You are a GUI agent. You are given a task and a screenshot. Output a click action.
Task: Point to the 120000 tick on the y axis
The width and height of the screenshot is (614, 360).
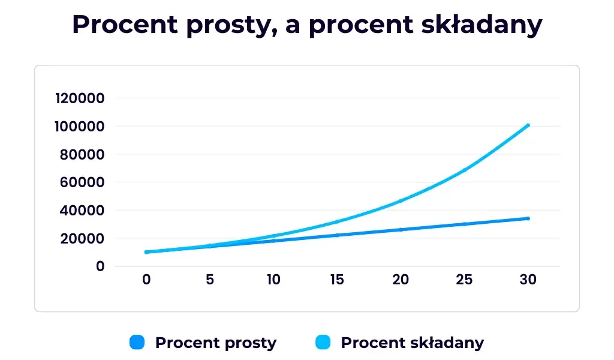79,98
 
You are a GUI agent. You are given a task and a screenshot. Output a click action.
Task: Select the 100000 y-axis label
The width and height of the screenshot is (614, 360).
79,127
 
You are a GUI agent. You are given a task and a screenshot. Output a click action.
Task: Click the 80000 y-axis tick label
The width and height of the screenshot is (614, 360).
83,154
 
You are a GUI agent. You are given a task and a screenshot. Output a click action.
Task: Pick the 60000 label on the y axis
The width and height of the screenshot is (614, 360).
83,182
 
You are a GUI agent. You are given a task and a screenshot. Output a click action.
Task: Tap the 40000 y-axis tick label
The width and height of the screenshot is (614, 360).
83,211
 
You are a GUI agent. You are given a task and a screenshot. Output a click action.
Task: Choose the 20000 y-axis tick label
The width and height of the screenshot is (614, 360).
83,238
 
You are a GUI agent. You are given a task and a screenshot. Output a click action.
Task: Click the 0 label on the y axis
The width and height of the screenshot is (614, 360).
100,266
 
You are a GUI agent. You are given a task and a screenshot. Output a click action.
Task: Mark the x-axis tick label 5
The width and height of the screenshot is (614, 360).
210,280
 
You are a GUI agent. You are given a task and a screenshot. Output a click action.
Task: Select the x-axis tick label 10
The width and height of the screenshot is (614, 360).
273,280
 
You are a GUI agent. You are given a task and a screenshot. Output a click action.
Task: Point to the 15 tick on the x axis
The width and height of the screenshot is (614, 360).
337,280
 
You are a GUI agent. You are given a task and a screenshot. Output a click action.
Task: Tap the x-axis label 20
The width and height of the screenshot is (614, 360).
401,280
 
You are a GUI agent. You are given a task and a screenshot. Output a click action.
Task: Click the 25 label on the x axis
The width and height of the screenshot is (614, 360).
464,280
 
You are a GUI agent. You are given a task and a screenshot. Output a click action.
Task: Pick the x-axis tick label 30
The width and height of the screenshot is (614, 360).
528,280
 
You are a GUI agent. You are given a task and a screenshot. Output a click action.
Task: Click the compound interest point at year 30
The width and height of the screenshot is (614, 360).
528,125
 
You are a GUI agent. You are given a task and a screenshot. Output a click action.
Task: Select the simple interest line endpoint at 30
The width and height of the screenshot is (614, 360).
528,218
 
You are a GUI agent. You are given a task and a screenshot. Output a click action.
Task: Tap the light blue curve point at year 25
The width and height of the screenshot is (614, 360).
464,170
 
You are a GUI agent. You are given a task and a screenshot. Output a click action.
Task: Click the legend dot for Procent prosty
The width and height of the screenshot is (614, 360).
137,343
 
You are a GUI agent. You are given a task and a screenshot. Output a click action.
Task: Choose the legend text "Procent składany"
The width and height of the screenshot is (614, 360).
412,343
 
